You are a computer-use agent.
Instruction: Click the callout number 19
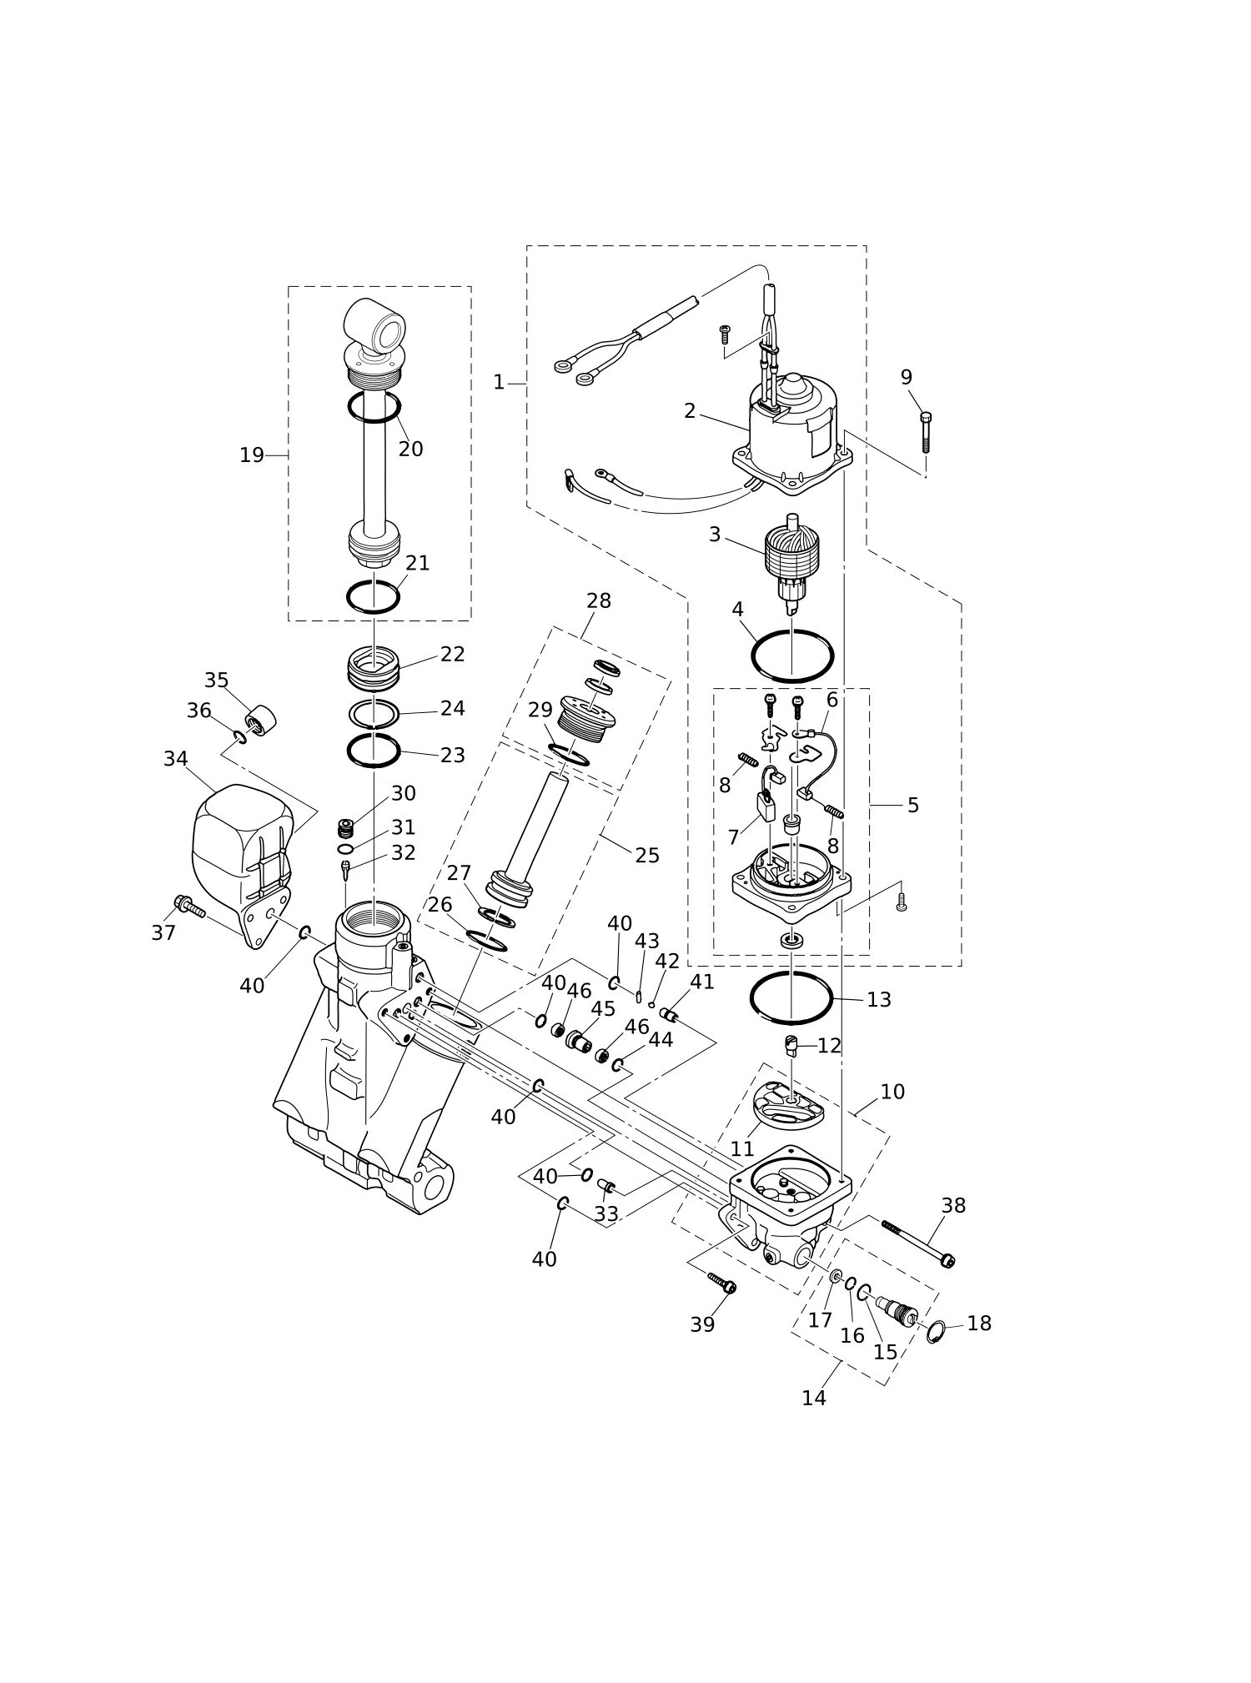(251, 455)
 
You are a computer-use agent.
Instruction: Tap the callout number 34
(175, 759)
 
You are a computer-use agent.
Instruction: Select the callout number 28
(599, 600)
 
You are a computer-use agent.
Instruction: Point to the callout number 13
(879, 999)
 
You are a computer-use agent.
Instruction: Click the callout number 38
(953, 1205)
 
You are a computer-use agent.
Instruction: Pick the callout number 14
(814, 1399)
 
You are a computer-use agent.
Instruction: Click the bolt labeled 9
(926, 432)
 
